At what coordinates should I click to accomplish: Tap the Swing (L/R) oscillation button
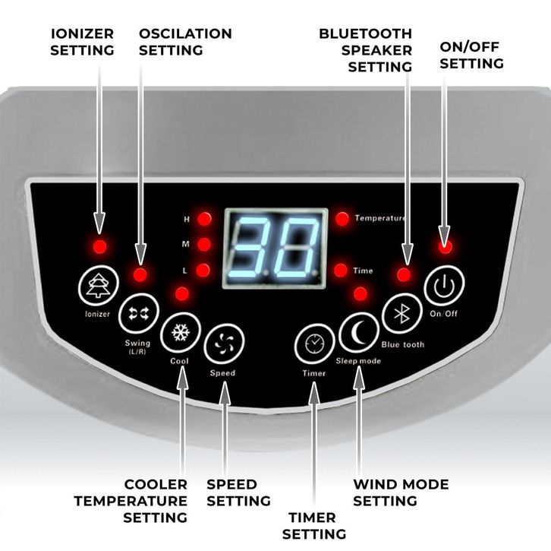click(x=139, y=313)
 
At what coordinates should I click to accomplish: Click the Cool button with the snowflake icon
click(x=181, y=332)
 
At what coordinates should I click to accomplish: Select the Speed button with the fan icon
click(x=224, y=344)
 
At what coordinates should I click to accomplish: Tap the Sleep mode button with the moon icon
click(x=359, y=332)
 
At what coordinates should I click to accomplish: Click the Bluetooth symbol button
click(x=402, y=313)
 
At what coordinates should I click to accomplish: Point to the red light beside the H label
click(x=204, y=219)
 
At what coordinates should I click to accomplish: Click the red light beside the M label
click(x=204, y=244)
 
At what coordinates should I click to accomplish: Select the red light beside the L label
click(x=203, y=271)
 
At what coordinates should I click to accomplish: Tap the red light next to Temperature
click(x=342, y=219)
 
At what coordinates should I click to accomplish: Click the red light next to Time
click(x=341, y=271)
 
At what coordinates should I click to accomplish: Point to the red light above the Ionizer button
click(x=100, y=247)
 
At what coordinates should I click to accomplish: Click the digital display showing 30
click(x=275, y=249)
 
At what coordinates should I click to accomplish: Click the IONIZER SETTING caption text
click(x=82, y=42)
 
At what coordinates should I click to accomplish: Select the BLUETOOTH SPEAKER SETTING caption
click(x=366, y=50)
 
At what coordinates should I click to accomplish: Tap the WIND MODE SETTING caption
click(x=401, y=492)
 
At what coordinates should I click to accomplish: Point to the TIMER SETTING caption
click(x=314, y=526)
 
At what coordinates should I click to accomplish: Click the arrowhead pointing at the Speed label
click(x=225, y=393)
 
